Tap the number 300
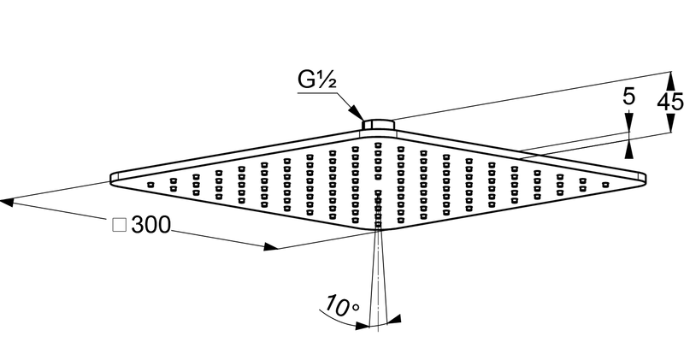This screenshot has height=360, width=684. pyautogui.click(x=151, y=225)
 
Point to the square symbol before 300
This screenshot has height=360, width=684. pyautogui.click(x=120, y=225)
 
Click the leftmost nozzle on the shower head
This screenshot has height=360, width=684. pyautogui.click(x=150, y=184)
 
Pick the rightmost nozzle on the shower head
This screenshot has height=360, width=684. pyautogui.click(x=604, y=183)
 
